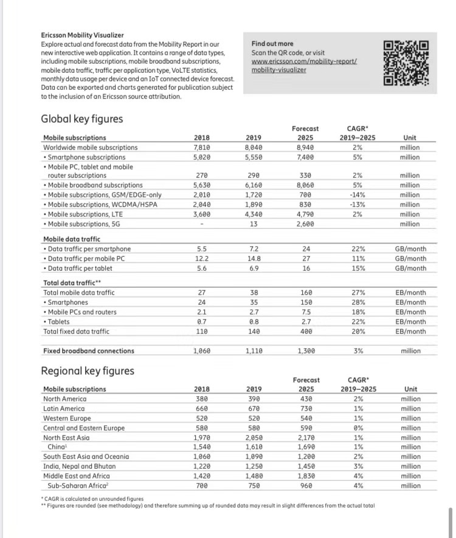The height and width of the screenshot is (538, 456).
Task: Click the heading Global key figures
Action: point(81,119)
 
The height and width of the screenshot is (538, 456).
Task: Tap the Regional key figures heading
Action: point(88,370)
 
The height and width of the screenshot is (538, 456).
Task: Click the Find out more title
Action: point(272,44)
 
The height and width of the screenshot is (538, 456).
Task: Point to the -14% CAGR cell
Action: point(357,195)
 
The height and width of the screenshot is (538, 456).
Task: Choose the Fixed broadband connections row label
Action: point(89,351)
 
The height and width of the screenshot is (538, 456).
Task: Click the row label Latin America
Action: point(64,409)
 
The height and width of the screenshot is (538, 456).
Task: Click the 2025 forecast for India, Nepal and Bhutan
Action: point(306,466)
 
